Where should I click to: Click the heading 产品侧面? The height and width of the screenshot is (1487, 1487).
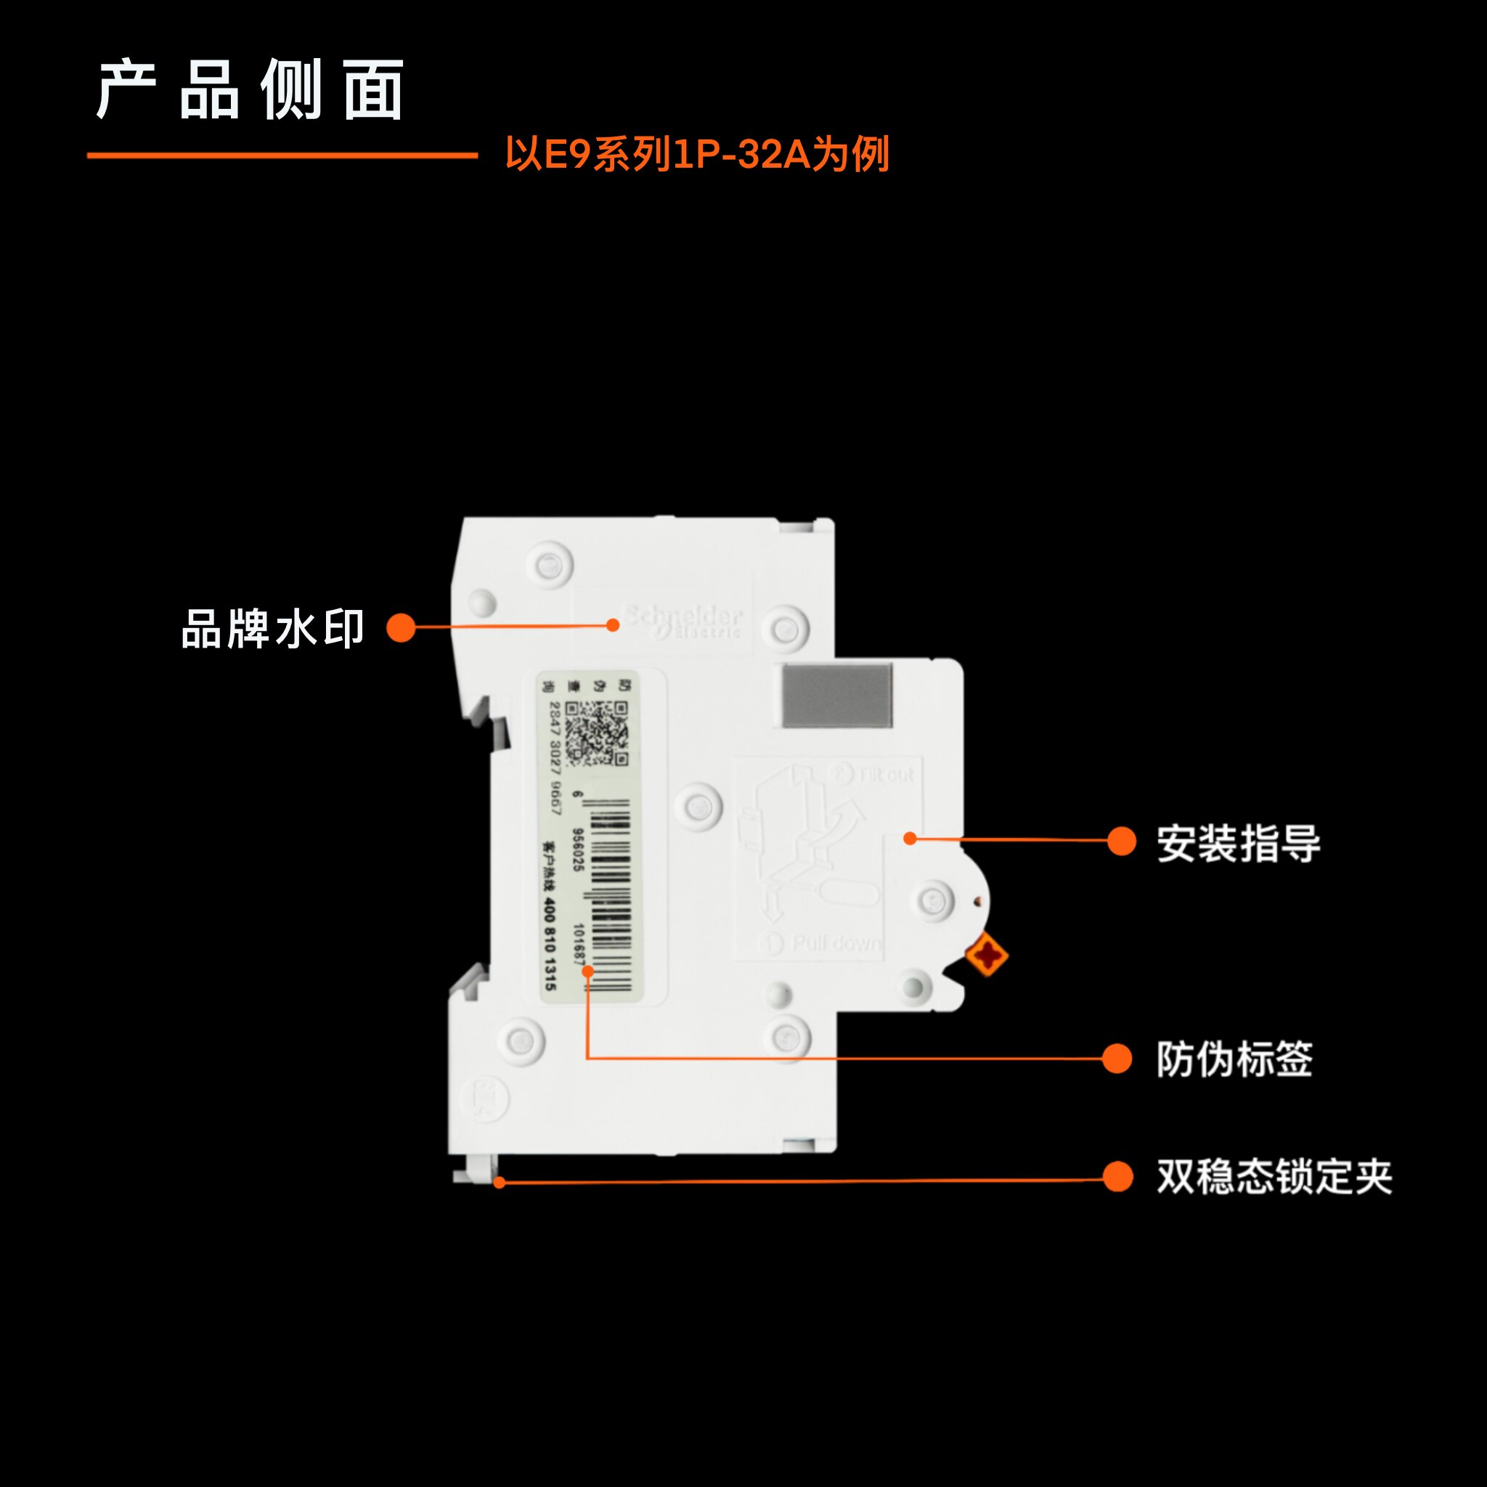250,90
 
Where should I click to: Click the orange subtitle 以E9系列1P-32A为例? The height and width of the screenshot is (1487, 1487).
697,154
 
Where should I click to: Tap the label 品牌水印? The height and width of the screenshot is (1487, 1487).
272,629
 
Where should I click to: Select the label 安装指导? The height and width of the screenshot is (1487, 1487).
1239,843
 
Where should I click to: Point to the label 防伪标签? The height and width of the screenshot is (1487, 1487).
1234,1059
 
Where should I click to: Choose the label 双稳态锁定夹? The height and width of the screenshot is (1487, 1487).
1274,1177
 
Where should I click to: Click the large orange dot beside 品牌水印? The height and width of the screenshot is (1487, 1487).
400,627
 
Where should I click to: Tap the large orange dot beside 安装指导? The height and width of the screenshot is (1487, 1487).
1121,842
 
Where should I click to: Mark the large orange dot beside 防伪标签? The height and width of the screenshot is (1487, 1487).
1117,1059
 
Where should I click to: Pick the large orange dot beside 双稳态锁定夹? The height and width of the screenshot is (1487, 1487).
1117,1176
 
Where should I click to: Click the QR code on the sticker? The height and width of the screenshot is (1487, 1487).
598,733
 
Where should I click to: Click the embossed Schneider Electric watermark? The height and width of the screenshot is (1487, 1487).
683,621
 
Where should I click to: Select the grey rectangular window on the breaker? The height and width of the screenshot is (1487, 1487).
837,696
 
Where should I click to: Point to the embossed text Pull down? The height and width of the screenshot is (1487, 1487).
836,944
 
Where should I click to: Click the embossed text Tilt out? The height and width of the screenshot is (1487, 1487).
885,773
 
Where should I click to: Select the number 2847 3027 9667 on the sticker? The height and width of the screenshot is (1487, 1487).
555,758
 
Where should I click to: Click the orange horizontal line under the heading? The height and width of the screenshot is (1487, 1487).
282,155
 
